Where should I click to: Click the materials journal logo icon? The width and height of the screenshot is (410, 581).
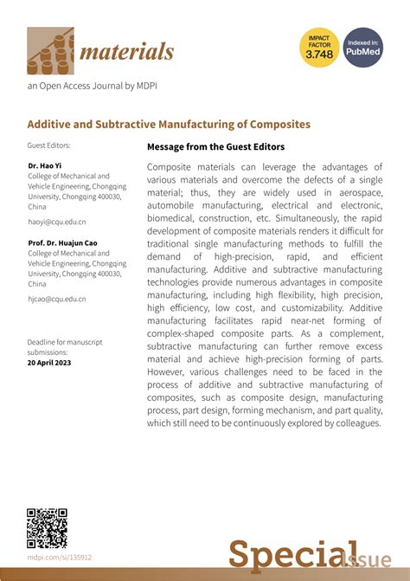(x=51, y=51)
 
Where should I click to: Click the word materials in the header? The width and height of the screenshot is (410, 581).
(x=127, y=52)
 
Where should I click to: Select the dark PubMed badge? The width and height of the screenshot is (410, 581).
(x=363, y=48)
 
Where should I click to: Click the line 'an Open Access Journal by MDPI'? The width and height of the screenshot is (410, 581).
(x=92, y=86)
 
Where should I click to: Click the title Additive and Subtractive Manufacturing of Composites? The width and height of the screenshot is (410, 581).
(x=169, y=124)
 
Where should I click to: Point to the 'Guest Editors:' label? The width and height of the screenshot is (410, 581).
(x=48, y=145)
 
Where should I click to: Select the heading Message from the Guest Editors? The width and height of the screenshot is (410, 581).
(x=215, y=147)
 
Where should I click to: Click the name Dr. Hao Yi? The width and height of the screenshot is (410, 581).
(x=47, y=165)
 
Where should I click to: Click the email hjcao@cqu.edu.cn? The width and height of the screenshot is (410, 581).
(x=56, y=299)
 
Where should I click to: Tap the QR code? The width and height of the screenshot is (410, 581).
(x=47, y=528)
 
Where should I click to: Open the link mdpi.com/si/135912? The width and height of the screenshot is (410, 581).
(x=60, y=558)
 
